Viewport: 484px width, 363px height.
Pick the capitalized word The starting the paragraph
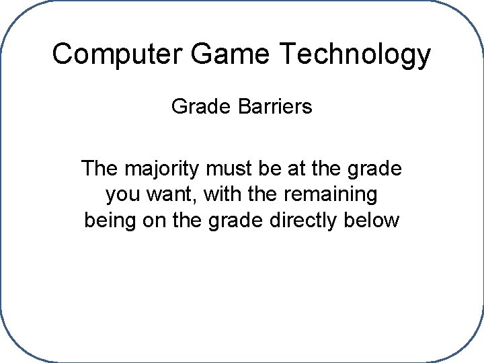tap(98, 168)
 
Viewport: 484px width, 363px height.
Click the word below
tap(374, 220)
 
